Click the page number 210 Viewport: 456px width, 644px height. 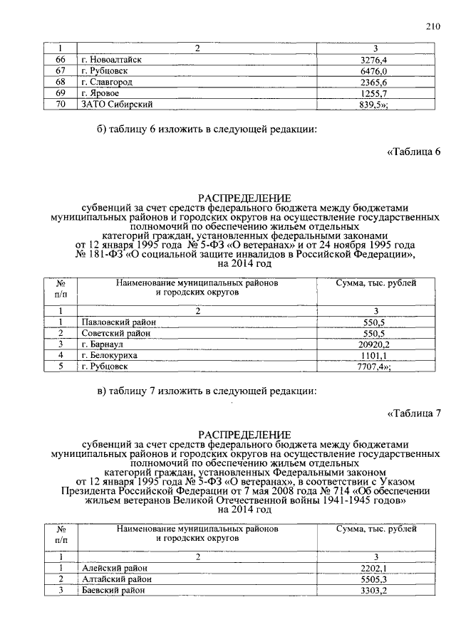(432, 28)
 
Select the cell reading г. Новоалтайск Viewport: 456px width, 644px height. (110, 59)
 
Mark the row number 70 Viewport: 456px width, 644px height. (61, 105)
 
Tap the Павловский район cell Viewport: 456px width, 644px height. (118, 322)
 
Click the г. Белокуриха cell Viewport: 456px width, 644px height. (109, 355)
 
